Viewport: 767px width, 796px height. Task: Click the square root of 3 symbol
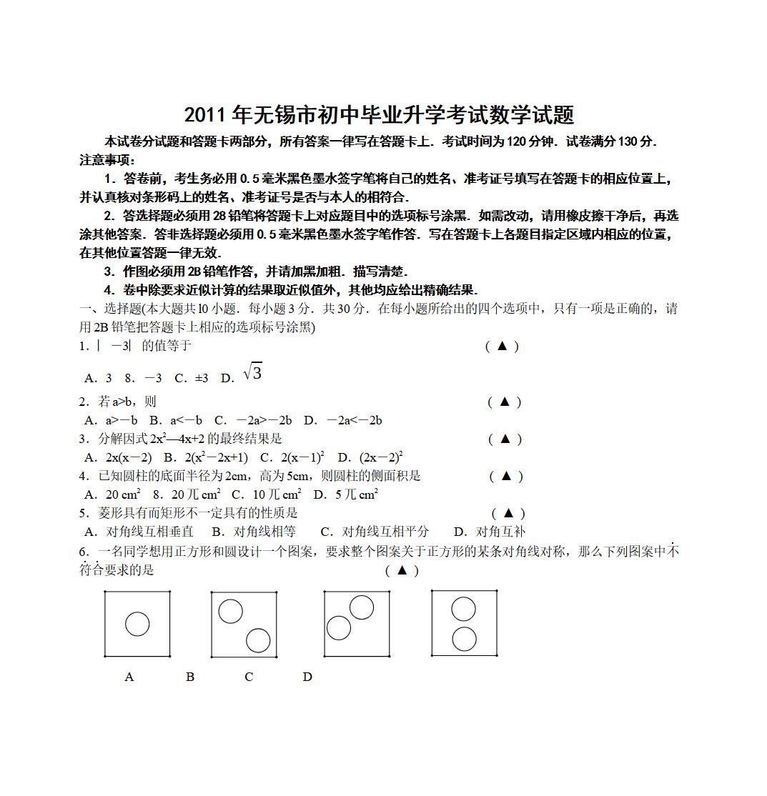coord(253,372)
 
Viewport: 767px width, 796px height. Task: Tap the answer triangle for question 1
coord(502,346)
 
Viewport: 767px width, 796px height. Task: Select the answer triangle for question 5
coord(508,512)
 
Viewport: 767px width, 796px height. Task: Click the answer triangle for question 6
coord(402,569)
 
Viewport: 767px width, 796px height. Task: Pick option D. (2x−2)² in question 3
coord(371,457)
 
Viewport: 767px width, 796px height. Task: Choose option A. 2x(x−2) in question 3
coord(118,457)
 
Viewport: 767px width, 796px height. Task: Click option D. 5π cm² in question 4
coord(346,494)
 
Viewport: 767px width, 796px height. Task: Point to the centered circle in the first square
coord(137,624)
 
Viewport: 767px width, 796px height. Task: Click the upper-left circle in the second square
coord(230,611)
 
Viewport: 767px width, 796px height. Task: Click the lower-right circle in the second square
coord(258,640)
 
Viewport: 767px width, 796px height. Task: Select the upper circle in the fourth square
coord(464,609)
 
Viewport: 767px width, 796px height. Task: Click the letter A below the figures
coord(129,677)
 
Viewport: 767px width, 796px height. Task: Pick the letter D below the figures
coord(307,677)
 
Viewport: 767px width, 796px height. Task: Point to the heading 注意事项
coord(107,160)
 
